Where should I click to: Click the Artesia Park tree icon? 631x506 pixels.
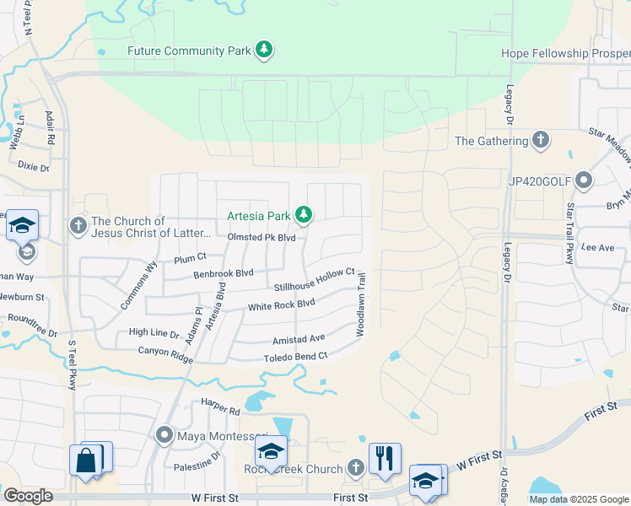[x=303, y=216]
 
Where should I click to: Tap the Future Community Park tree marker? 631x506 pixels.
[x=265, y=51]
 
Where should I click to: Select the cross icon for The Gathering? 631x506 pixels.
[x=541, y=140]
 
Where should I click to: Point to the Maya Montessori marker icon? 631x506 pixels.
[x=165, y=436]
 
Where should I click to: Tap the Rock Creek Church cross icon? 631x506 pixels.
[x=356, y=468]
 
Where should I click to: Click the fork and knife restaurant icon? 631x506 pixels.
[x=384, y=458]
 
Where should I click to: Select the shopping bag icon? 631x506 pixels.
[x=87, y=460]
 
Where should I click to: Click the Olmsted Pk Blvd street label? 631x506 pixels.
[x=262, y=238]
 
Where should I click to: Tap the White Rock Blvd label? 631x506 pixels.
[x=281, y=304]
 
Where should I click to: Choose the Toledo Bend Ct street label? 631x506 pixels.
[x=294, y=358]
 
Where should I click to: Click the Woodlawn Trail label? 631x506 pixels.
[x=360, y=304]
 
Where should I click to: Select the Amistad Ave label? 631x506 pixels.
[x=298, y=339]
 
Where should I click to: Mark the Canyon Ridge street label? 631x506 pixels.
[x=165, y=353]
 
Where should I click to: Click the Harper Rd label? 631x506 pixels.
[x=220, y=409]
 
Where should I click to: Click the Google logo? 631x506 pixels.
[x=28, y=496]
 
